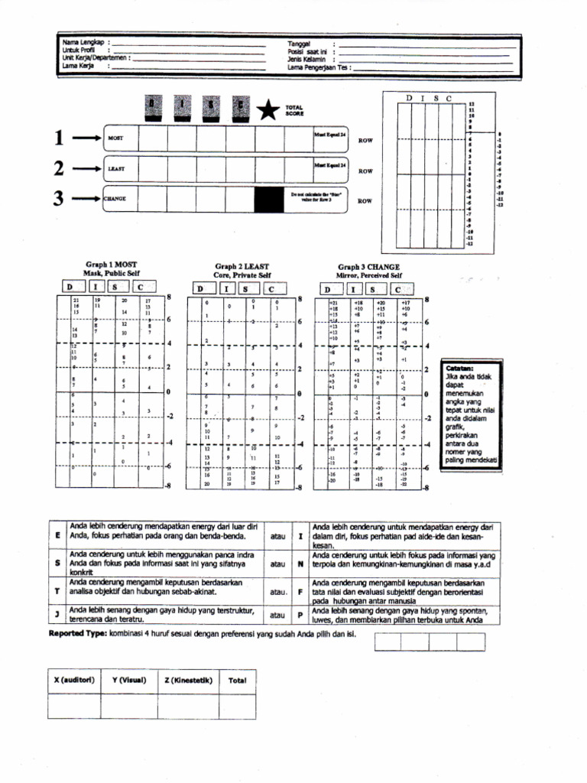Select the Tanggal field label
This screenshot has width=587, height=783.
(x=299, y=44)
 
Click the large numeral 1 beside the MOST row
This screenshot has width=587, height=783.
(x=60, y=138)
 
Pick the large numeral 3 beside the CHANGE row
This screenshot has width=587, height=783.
(x=60, y=198)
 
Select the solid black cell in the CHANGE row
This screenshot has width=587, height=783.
(x=268, y=199)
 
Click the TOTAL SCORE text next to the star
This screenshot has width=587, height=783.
(x=294, y=111)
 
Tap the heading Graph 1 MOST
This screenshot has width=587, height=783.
(x=112, y=264)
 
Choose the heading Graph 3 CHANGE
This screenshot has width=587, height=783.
(x=369, y=267)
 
